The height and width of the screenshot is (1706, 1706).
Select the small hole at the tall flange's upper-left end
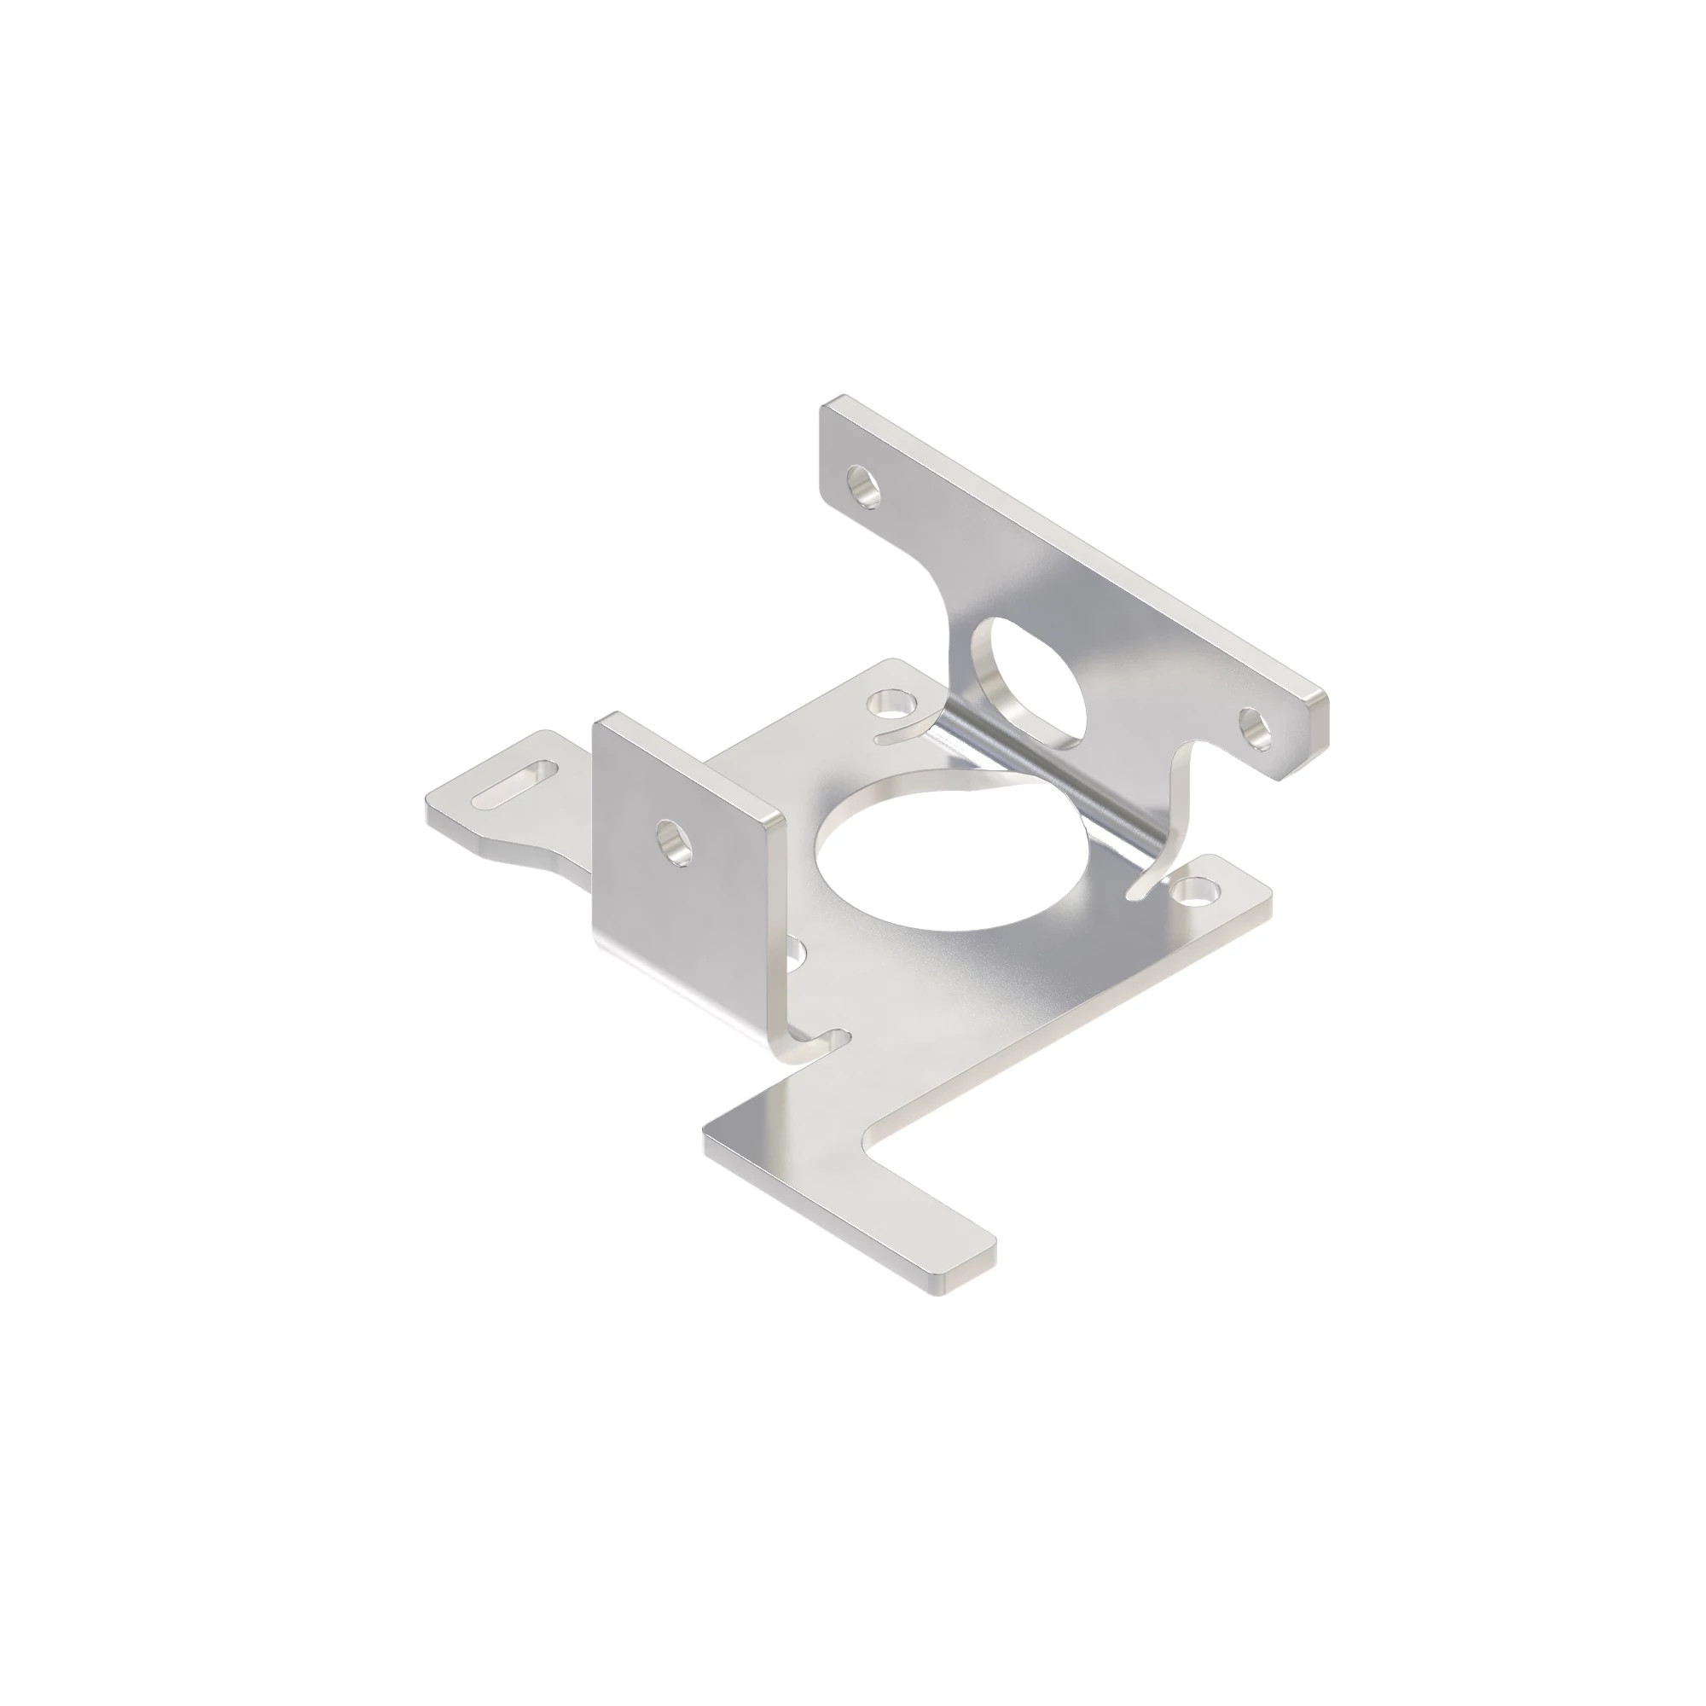click(x=862, y=485)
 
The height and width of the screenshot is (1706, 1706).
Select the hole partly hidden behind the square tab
click(x=797, y=950)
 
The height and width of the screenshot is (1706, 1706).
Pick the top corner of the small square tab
click(x=601, y=720)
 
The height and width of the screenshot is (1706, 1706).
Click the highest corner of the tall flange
click(x=830, y=403)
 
